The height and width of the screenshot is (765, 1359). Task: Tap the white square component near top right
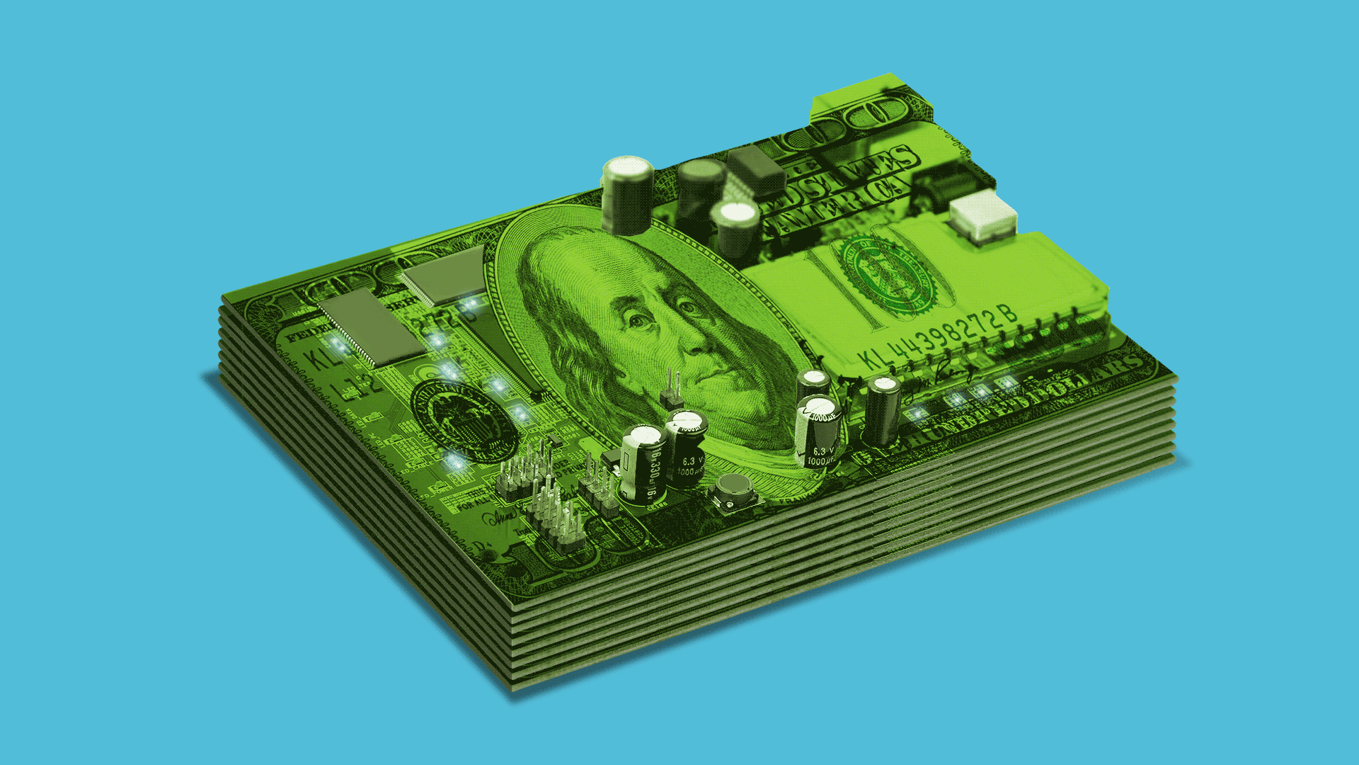982,215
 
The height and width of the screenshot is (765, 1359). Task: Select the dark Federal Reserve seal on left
464,421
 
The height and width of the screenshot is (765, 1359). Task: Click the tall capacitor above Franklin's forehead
627,195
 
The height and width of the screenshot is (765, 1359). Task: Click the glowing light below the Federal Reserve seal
454,463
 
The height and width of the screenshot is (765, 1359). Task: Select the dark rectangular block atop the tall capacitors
755,171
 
